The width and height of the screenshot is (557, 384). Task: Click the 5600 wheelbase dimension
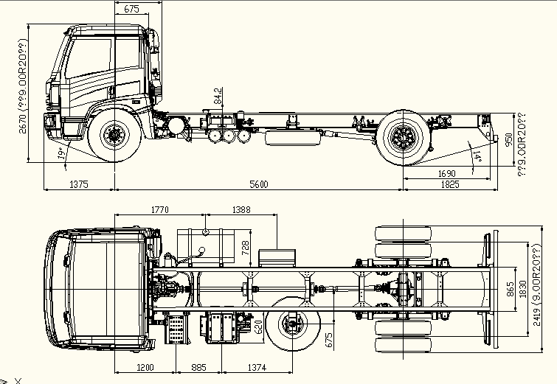pyautogui.click(x=259, y=184)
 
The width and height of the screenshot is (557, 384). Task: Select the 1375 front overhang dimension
pyautogui.click(x=78, y=184)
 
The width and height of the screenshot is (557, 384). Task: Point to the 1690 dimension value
pyautogui.click(x=447, y=173)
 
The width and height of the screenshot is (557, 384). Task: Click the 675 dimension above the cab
pyautogui.click(x=132, y=9)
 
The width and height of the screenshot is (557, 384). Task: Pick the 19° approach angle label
pyautogui.click(x=60, y=153)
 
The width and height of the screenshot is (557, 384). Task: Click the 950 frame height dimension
pyautogui.click(x=508, y=140)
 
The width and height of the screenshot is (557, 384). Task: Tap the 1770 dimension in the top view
pyautogui.click(x=159, y=210)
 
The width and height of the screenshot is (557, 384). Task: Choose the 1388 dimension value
pyautogui.click(x=241, y=210)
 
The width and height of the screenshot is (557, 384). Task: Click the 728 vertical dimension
pyautogui.click(x=246, y=248)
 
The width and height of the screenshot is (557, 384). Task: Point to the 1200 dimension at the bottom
pyautogui.click(x=145, y=367)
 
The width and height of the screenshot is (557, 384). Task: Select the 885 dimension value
pyautogui.click(x=198, y=367)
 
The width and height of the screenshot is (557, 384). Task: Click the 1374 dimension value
pyautogui.click(x=256, y=367)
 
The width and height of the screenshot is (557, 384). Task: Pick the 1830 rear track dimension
pyautogui.click(x=522, y=288)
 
